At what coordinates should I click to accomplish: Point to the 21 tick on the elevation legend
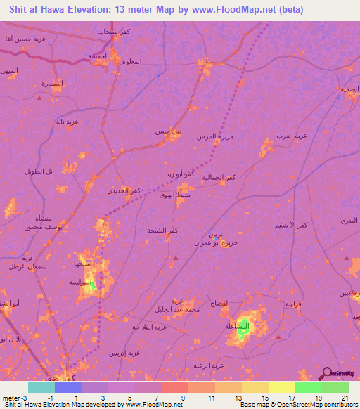(344, 398)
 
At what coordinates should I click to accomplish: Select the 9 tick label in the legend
(183, 398)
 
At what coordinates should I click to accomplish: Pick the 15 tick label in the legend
(264, 398)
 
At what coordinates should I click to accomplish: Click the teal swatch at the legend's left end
(41, 387)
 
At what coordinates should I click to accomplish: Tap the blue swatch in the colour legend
(68, 387)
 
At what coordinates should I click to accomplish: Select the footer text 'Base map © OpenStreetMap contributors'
(298, 405)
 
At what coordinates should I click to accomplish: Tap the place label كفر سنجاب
(113, 32)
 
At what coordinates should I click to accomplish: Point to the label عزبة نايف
(63, 122)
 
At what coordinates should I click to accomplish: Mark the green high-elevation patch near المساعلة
(243, 330)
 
